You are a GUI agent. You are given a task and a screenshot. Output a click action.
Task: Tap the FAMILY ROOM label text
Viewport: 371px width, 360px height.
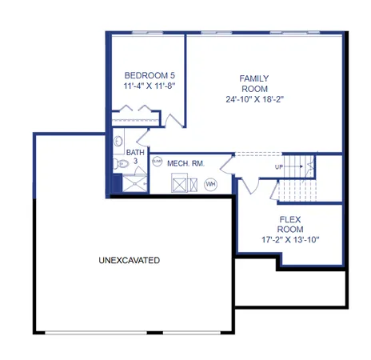pos(254,83)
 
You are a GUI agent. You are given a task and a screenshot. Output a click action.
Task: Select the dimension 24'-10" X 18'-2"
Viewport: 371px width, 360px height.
pos(255,100)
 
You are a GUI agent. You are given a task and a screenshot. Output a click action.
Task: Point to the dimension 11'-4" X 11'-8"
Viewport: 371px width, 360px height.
pos(145,86)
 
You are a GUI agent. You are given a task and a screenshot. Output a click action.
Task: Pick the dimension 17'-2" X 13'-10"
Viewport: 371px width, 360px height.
pos(289,239)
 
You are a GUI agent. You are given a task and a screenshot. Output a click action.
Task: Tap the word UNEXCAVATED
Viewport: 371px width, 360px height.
pos(130,261)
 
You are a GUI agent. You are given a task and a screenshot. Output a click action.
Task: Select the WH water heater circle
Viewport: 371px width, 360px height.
pos(211,184)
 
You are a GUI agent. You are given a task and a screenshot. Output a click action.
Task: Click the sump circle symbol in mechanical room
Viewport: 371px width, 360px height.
pos(157,162)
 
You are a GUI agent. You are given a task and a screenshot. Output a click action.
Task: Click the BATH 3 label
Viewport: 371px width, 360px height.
pos(136,155)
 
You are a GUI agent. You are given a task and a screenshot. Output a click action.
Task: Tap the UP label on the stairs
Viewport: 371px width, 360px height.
pos(279,167)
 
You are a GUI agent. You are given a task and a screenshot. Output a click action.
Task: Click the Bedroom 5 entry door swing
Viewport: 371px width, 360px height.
pos(174,119)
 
